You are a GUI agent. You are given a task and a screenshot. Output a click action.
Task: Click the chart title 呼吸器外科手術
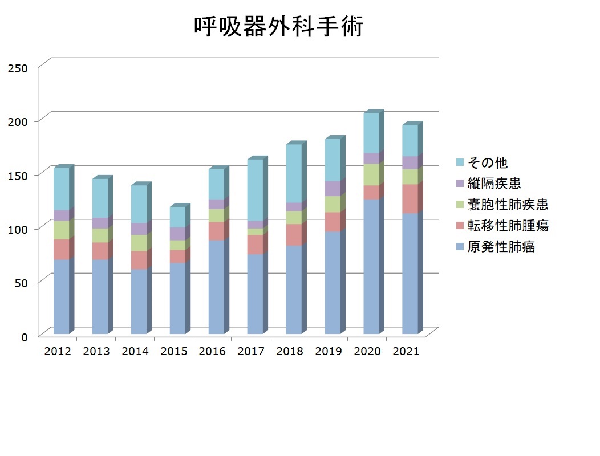[278, 26]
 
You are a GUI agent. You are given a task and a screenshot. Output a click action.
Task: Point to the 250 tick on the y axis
[18, 68]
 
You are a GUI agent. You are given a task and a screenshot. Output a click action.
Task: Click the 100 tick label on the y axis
[18, 230]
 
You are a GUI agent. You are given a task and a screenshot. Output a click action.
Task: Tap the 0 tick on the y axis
[25, 337]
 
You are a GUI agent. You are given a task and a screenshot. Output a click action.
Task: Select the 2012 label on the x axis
[58, 351]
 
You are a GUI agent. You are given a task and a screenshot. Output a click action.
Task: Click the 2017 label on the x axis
[251, 351]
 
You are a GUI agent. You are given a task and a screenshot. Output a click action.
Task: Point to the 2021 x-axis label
[406, 351]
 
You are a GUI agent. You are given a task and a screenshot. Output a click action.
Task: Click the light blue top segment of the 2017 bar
[256, 190]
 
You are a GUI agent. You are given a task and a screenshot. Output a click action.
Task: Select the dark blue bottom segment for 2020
[371, 266]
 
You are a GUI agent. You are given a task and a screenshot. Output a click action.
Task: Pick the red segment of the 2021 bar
[410, 199]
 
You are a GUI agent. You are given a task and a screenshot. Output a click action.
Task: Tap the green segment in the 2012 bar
[61, 230]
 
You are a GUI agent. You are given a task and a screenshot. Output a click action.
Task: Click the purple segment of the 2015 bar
[177, 234]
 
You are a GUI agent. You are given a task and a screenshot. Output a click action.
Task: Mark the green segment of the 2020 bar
[371, 175]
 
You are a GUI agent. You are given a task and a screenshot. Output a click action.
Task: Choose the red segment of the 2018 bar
[294, 235]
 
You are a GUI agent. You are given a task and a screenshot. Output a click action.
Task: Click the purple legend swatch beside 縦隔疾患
[460, 183]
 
